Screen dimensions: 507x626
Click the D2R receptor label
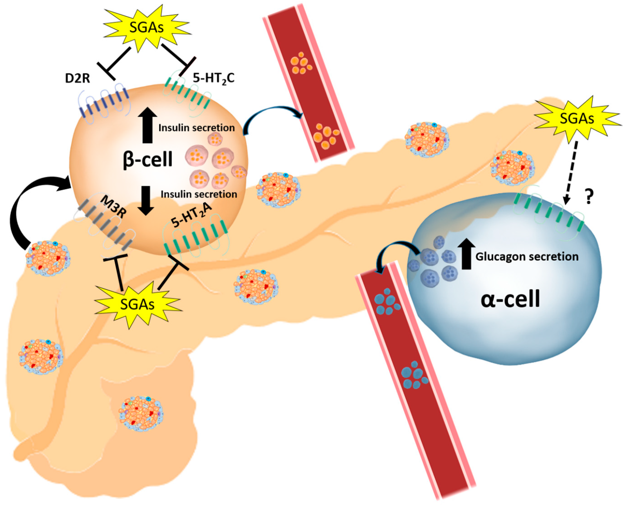click(x=77, y=79)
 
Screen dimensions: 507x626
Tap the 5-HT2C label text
click(x=214, y=78)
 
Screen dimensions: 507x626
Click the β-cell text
click(x=147, y=160)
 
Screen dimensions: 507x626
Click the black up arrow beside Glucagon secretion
click(x=466, y=253)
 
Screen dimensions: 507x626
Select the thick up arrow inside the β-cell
click(x=147, y=125)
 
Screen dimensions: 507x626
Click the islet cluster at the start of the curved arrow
click(x=48, y=258)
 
